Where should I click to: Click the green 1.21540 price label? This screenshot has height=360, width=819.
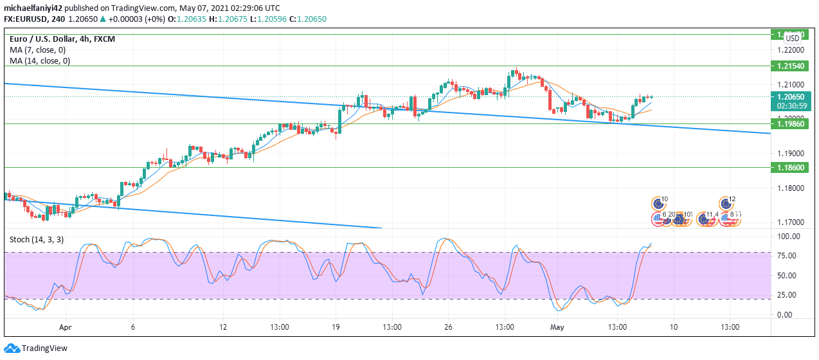point(789,66)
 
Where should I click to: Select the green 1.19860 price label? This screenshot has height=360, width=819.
point(789,123)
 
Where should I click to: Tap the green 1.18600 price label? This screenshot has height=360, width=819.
point(789,167)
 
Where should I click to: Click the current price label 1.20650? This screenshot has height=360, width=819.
point(789,96)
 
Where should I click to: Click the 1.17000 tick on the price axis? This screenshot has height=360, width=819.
point(789,222)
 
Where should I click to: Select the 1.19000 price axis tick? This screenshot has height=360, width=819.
point(789,154)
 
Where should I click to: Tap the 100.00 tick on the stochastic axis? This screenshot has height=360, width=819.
point(788,237)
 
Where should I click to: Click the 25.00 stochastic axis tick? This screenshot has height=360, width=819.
point(788,295)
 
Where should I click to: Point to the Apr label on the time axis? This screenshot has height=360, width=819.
point(65,327)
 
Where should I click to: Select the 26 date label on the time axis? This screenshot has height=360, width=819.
point(448,327)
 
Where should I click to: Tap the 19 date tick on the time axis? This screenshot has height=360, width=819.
point(336,327)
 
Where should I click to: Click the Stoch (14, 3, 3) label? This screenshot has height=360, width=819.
point(37,239)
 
